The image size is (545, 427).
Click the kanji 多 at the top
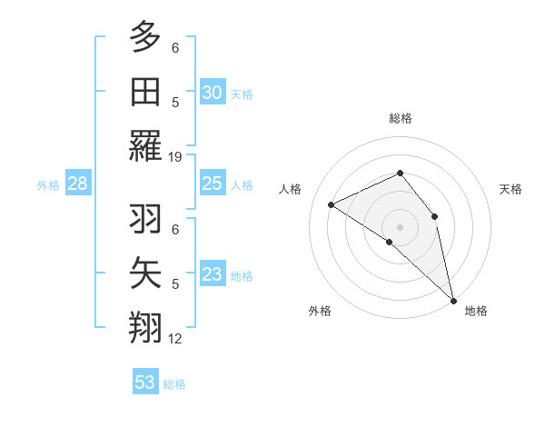144,37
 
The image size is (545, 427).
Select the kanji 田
144,92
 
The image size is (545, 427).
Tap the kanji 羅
144,146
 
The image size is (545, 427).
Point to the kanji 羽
144,219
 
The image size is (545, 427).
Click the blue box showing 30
212,93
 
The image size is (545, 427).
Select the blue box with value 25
212,184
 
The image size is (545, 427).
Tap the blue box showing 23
212,274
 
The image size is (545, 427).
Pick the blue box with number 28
77,184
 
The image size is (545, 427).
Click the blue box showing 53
145,382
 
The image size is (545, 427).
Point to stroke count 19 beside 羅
175,157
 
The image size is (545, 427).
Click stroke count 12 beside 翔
175,339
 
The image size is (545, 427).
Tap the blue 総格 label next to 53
174,384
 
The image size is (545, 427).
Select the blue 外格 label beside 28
48,185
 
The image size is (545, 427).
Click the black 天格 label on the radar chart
510,189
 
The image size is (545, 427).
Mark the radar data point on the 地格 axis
453,299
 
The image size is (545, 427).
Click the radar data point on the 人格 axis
332,204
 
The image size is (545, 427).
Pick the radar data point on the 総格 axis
399,173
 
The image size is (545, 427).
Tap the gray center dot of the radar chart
399,226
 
